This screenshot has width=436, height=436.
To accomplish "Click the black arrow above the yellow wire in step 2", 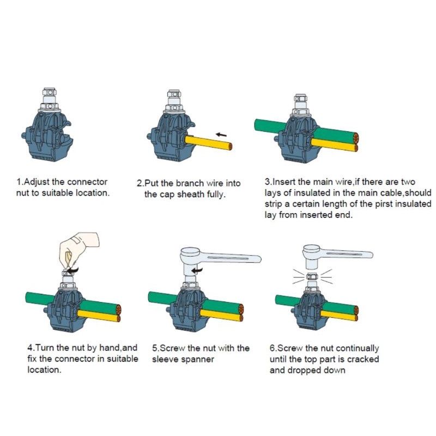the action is coord(221,135).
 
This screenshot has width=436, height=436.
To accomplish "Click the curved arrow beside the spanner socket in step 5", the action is coord(197,270).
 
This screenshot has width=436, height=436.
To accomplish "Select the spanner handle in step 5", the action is coord(231,258).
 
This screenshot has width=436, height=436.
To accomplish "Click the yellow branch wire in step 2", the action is coord(208,142).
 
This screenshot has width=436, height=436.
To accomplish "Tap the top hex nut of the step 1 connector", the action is coord(49,92).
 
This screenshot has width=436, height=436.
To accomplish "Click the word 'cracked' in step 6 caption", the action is coord(363,359).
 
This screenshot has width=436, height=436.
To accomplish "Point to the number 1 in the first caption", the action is coord(19,182).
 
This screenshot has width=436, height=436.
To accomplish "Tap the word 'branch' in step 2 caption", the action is coord(190,183).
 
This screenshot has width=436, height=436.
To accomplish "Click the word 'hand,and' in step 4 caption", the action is coord(118,348).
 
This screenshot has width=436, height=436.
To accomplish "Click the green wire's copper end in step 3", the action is coord(355,137).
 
